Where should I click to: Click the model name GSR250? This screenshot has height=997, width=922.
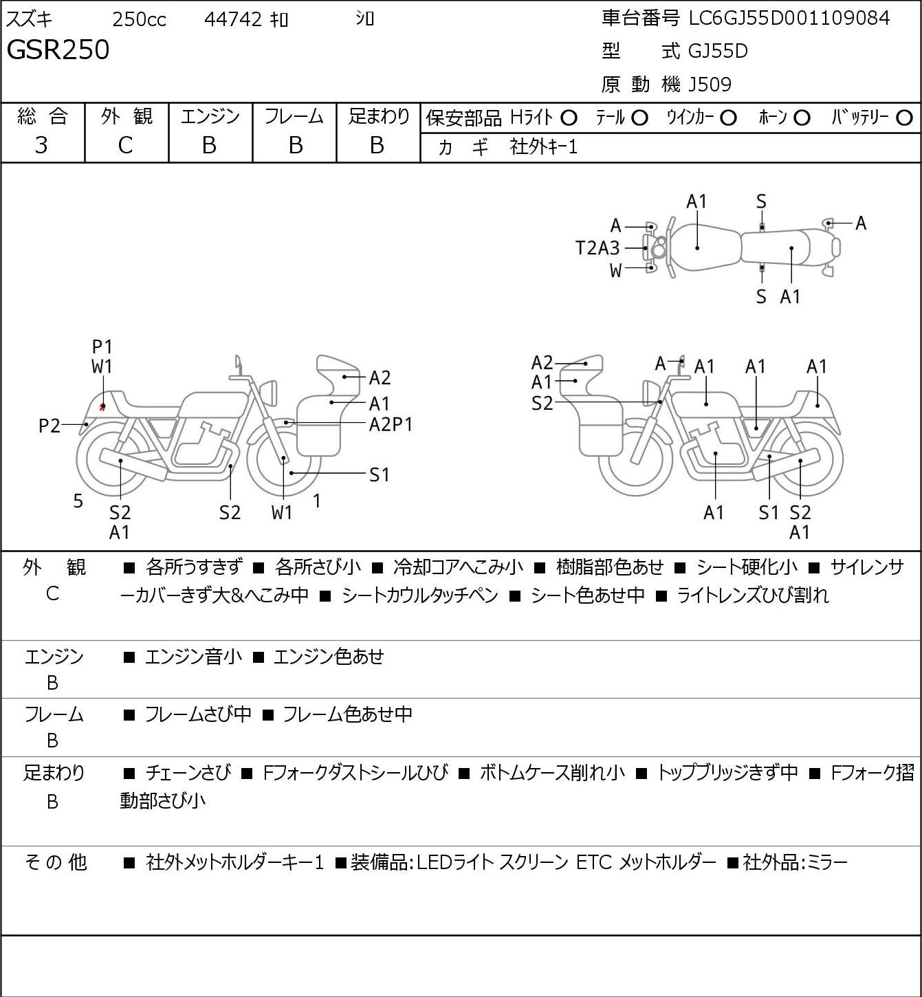(58, 50)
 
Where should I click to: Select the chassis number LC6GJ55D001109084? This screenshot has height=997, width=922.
(789, 19)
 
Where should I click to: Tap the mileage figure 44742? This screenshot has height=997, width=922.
(233, 19)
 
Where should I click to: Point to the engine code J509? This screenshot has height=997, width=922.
(710, 85)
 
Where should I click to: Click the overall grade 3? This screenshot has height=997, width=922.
(41, 145)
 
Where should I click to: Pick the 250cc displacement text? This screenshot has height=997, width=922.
(139, 19)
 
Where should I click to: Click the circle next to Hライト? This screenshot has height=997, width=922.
(569, 118)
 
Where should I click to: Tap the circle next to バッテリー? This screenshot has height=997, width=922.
(904, 118)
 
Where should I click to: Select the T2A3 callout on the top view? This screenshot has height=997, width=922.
(597, 248)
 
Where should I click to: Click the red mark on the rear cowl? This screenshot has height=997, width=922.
(102, 406)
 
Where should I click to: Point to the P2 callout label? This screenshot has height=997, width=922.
(50, 426)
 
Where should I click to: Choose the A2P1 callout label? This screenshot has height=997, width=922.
(391, 425)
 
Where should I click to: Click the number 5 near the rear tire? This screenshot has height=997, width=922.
(78, 501)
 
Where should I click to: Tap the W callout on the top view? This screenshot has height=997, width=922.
(615, 271)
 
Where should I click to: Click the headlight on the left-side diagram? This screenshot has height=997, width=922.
(269, 393)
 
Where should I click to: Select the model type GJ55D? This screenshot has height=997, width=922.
(718, 51)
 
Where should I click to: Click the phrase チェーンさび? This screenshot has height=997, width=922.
(188, 772)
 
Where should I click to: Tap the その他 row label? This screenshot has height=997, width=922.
(55, 862)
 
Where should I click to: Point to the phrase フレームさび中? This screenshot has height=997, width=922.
(198, 714)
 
